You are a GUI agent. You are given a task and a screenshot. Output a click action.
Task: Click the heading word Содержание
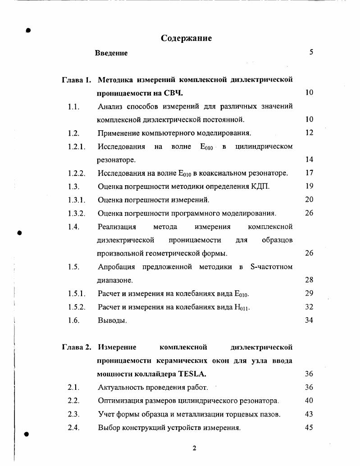186,38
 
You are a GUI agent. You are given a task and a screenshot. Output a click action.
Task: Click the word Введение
111,53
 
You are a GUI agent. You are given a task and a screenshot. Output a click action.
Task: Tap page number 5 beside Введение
311,52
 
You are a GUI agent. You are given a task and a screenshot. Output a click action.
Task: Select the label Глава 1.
77,80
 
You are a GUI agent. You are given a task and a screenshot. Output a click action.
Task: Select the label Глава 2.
77,347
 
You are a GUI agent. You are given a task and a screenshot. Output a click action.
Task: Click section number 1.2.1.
77,146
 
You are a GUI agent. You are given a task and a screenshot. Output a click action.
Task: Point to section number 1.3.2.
77,213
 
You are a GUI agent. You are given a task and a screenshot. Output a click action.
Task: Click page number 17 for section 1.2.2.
309,173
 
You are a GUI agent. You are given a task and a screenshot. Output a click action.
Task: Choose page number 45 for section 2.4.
309,428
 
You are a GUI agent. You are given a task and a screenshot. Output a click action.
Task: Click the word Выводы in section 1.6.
112,321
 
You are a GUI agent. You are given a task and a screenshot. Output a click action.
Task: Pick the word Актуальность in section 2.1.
121,388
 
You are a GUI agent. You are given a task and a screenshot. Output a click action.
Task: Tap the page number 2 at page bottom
194,448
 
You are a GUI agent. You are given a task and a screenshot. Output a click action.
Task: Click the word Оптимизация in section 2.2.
120,401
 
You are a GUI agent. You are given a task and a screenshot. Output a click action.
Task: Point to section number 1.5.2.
77,307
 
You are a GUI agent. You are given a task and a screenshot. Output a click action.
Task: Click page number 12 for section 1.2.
309,133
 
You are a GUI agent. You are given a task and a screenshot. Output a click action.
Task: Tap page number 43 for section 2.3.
309,414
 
